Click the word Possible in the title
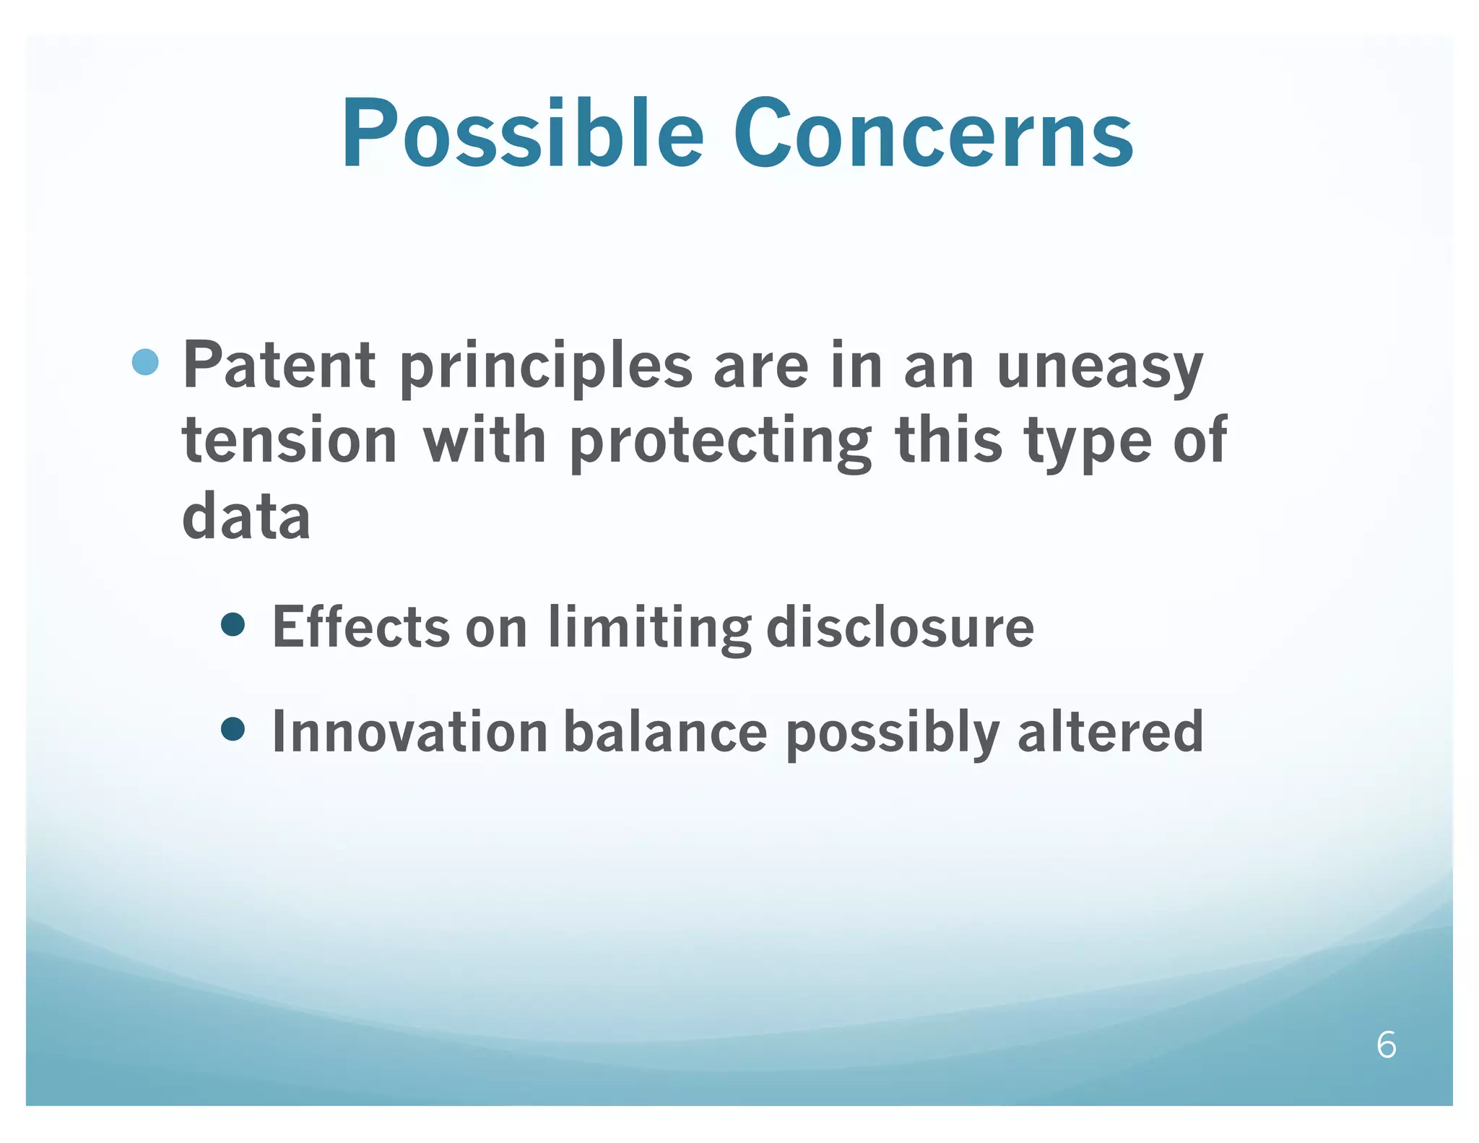[521, 134]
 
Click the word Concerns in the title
[932, 134]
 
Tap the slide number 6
[1386, 1045]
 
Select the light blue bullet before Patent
[145, 362]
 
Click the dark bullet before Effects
[233, 624]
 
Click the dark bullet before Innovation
[233, 730]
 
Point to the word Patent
[279, 366]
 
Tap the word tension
[289, 441]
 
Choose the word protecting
[720, 442]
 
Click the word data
[246, 517]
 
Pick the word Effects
[360, 627]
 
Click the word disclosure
[899, 627]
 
